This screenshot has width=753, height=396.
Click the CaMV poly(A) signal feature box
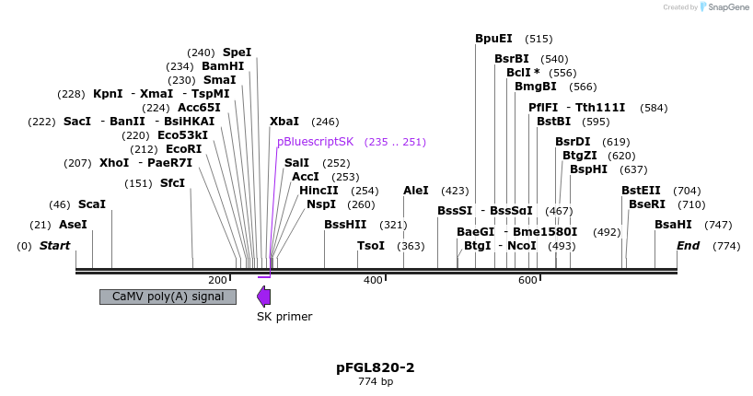point(168,297)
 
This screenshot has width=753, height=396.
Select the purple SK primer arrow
point(263,297)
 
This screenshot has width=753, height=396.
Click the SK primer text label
point(284,317)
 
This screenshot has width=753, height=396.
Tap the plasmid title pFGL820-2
point(376,367)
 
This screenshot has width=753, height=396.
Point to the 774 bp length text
point(376,382)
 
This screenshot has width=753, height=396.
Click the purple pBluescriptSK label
point(315,142)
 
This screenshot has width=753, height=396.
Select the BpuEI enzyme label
point(493,39)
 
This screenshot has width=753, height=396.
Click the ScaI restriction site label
point(92,204)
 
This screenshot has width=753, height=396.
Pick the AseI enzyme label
point(73,225)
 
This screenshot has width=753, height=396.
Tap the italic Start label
point(55,246)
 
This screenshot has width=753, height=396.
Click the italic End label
point(688,246)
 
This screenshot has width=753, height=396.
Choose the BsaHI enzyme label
point(673,225)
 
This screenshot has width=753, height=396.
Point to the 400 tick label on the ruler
point(373,280)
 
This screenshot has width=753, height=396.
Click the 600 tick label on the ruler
point(527,280)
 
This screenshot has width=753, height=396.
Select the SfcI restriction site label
point(172,182)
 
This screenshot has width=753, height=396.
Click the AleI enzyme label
point(416,190)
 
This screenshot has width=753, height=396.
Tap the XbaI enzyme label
point(284,121)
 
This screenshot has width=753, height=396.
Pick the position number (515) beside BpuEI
point(539,39)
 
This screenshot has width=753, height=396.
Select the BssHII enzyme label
point(345,225)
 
